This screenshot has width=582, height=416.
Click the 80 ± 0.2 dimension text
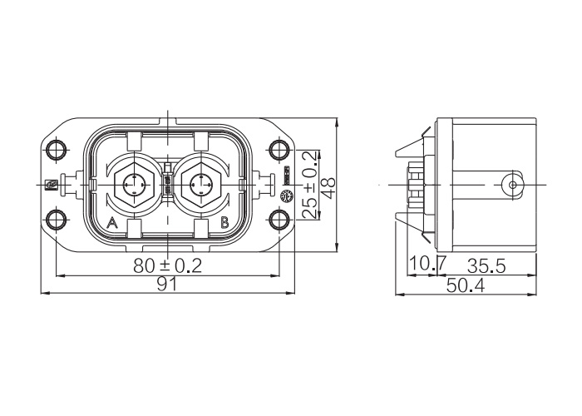point(167,266)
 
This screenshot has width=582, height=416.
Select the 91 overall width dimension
point(167,285)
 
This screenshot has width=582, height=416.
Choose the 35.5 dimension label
point(486,266)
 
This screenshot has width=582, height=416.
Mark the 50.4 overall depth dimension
point(466,285)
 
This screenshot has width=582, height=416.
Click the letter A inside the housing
point(112,223)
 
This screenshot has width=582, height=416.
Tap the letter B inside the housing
point(224,223)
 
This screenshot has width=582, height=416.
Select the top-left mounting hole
point(56,150)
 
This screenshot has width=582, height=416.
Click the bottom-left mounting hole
point(56,220)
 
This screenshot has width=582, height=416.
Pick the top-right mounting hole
point(279,150)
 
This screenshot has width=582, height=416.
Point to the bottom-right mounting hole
point(279,220)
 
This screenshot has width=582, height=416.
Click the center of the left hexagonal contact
point(133,185)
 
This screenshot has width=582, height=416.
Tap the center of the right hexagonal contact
point(201,185)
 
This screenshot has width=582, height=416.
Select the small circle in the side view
point(513,185)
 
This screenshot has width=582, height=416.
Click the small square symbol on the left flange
point(50,185)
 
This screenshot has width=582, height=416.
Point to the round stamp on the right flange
point(286,196)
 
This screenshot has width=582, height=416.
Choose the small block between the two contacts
point(167,185)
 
